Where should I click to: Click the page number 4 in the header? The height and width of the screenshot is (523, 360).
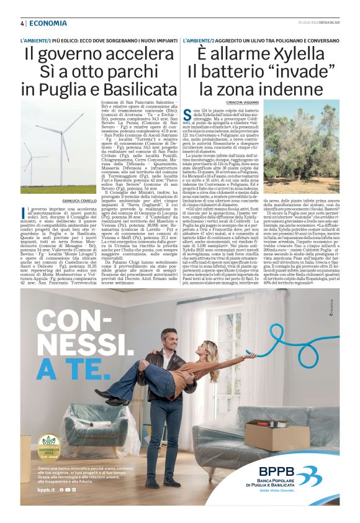(x=22, y=24)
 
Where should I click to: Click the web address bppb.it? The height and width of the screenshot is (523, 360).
(x=47, y=490)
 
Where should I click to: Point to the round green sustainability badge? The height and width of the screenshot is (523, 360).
(x=48, y=445)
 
